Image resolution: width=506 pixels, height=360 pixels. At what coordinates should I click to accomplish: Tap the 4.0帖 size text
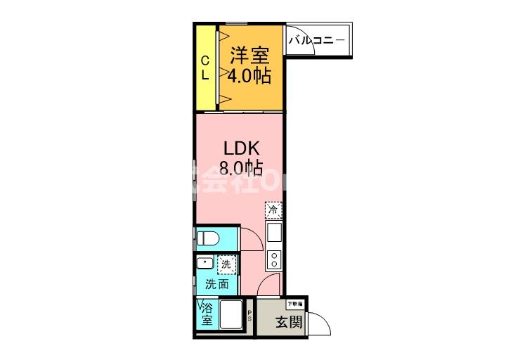(249, 76)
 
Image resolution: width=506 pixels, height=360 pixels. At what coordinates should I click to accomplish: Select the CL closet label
(205, 67)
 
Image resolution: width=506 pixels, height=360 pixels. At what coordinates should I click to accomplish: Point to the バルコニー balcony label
(316, 41)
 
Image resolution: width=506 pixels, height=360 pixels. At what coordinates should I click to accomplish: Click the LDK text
(241, 149)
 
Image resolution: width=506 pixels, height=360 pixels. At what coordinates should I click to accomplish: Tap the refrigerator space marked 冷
(273, 210)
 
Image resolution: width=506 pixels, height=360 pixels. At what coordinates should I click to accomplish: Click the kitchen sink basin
(273, 231)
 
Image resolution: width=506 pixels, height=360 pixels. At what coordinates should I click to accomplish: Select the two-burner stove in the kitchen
(273, 260)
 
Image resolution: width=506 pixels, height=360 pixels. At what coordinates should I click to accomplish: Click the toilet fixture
(208, 238)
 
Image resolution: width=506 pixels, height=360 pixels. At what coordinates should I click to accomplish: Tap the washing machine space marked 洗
(226, 265)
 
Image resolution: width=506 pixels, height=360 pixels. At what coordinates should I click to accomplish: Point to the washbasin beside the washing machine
(205, 264)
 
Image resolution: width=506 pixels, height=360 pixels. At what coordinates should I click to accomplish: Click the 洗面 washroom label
(216, 285)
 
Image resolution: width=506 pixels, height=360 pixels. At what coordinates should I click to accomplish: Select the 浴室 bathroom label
(207, 314)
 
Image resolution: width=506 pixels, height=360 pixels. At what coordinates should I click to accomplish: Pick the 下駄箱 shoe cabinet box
(295, 304)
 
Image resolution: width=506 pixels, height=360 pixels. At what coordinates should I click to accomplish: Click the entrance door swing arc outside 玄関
(320, 324)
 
